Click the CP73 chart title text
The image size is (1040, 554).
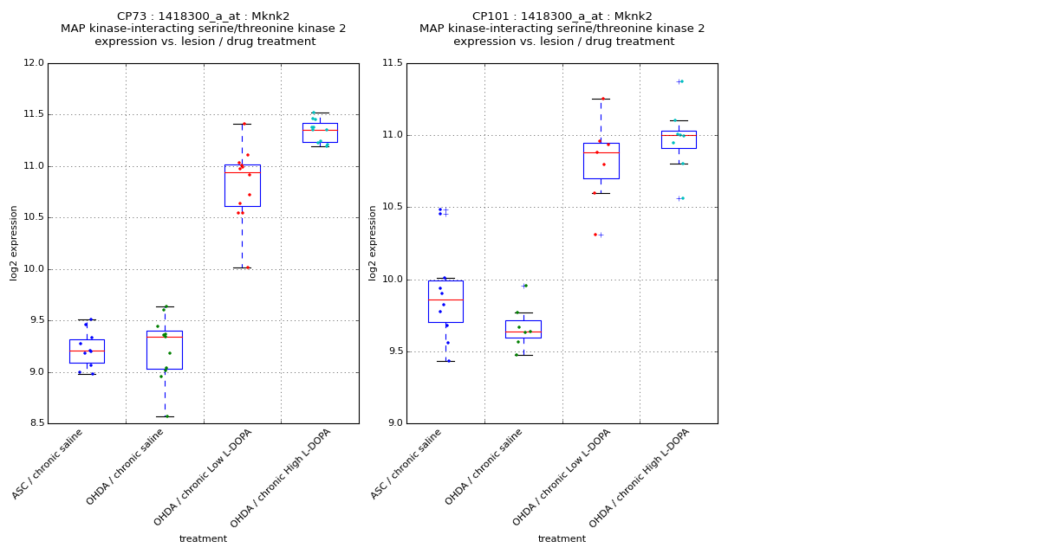(x=204, y=16)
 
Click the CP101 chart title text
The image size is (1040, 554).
(x=562, y=16)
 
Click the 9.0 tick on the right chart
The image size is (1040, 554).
(x=394, y=423)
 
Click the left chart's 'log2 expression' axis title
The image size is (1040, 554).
(x=15, y=243)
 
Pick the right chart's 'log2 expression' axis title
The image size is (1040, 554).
(x=374, y=243)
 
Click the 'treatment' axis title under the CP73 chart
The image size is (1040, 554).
(x=203, y=539)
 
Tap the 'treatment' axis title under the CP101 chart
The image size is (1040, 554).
(x=562, y=539)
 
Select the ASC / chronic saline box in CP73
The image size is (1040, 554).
(x=87, y=351)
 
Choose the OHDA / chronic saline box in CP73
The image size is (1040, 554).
(x=165, y=350)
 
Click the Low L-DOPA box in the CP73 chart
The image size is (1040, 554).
(x=242, y=185)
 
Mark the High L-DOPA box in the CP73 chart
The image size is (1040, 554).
(x=320, y=132)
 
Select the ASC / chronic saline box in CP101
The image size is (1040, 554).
(x=445, y=301)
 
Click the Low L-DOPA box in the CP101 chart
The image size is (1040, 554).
(x=601, y=161)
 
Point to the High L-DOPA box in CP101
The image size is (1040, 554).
(x=679, y=139)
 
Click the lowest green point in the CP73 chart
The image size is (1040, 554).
(x=166, y=416)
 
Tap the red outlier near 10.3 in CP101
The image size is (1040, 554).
(x=595, y=235)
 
